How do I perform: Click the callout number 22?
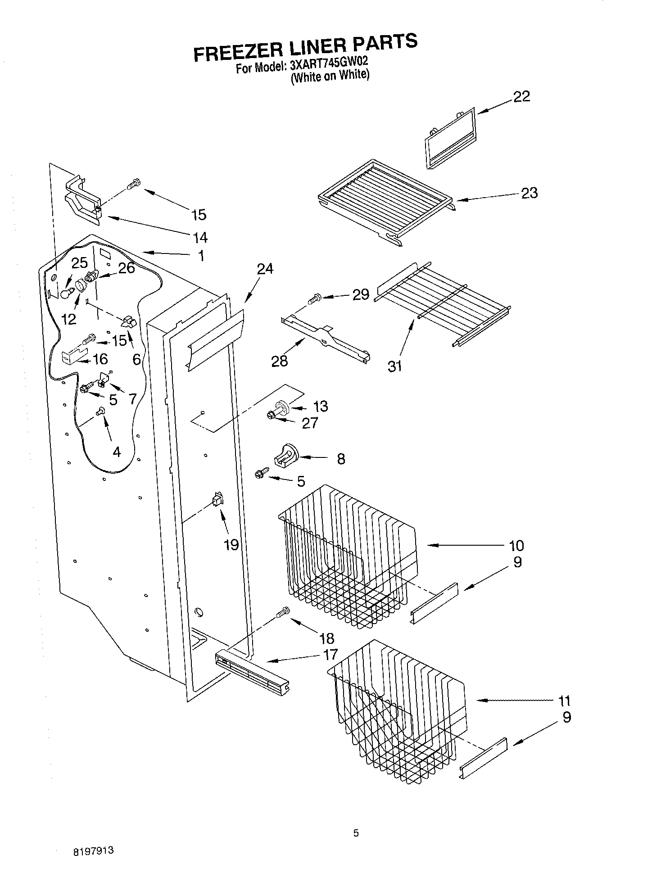521,96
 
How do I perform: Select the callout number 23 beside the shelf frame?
529,193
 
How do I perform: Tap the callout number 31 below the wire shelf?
394,366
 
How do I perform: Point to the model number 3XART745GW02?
329,65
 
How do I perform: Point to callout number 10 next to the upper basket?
516,546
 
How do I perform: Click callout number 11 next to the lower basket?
564,701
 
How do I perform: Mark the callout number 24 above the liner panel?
265,269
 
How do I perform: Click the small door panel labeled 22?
450,139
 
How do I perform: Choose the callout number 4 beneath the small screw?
117,452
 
